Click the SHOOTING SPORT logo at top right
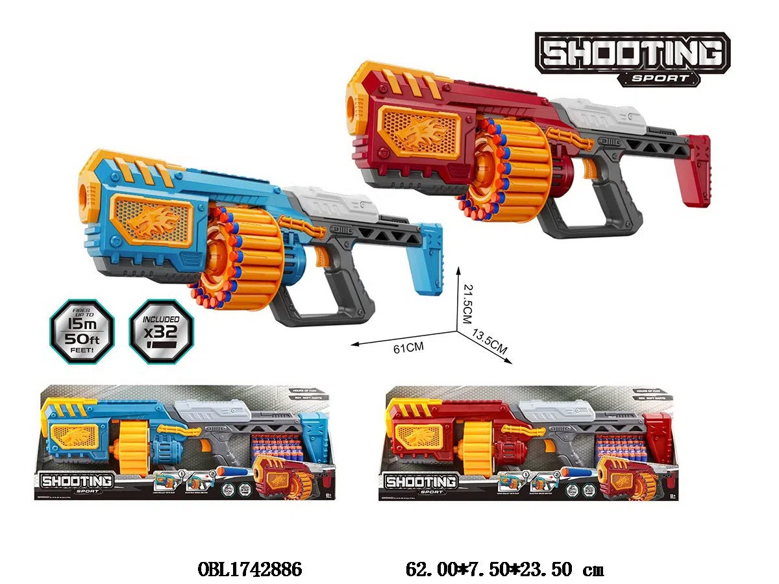click(632, 58)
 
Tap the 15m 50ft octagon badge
click(82, 331)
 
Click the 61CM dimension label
click(408, 348)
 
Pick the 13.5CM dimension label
click(491, 342)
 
